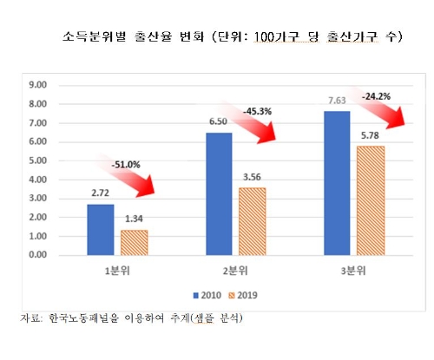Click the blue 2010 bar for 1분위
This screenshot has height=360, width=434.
pos(100,229)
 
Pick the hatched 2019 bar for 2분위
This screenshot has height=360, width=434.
pos(253,221)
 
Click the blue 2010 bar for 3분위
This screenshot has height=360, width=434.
pos(339,183)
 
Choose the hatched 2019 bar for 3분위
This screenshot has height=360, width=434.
pos(372,200)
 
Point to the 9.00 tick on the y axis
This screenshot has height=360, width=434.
pos(39,85)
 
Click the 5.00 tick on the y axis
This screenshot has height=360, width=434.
pos(39,160)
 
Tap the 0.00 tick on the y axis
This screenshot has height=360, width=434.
pos(39,255)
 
